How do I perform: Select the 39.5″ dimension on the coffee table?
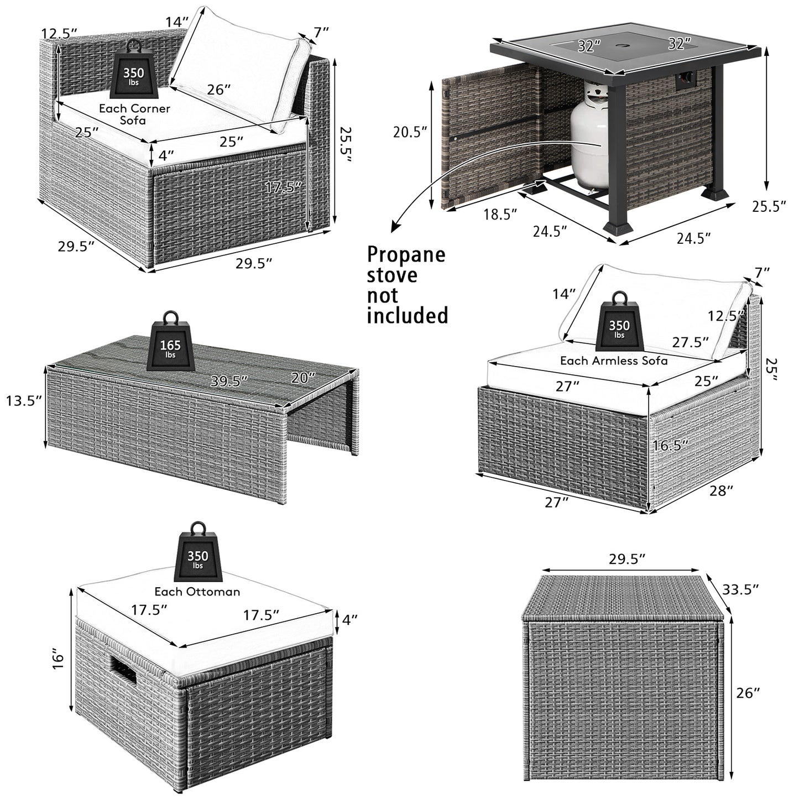coord(228,381)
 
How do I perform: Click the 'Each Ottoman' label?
coord(197,592)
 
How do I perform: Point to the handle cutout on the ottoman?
coord(124,671)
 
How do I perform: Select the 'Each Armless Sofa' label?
coord(614,361)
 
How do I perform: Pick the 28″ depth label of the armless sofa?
coord(721,490)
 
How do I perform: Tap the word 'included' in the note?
coord(408,315)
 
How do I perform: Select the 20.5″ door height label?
coord(410,132)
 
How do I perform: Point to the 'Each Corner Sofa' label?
coord(134,113)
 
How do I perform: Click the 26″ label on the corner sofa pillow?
coord(219,90)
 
